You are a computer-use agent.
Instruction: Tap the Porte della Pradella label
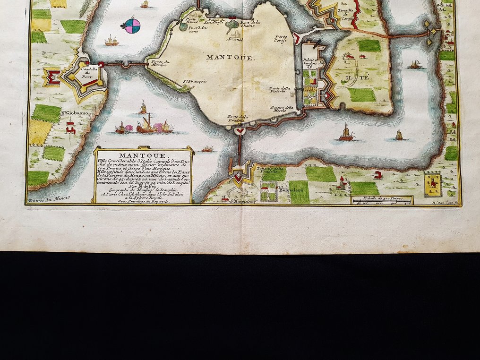[x=239, y=118]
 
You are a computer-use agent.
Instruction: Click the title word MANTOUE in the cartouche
[x=143, y=155]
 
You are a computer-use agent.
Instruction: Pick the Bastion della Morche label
[x=282, y=110]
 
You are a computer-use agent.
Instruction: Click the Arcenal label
[x=235, y=38]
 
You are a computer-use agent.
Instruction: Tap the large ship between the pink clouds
[x=146, y=125]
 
